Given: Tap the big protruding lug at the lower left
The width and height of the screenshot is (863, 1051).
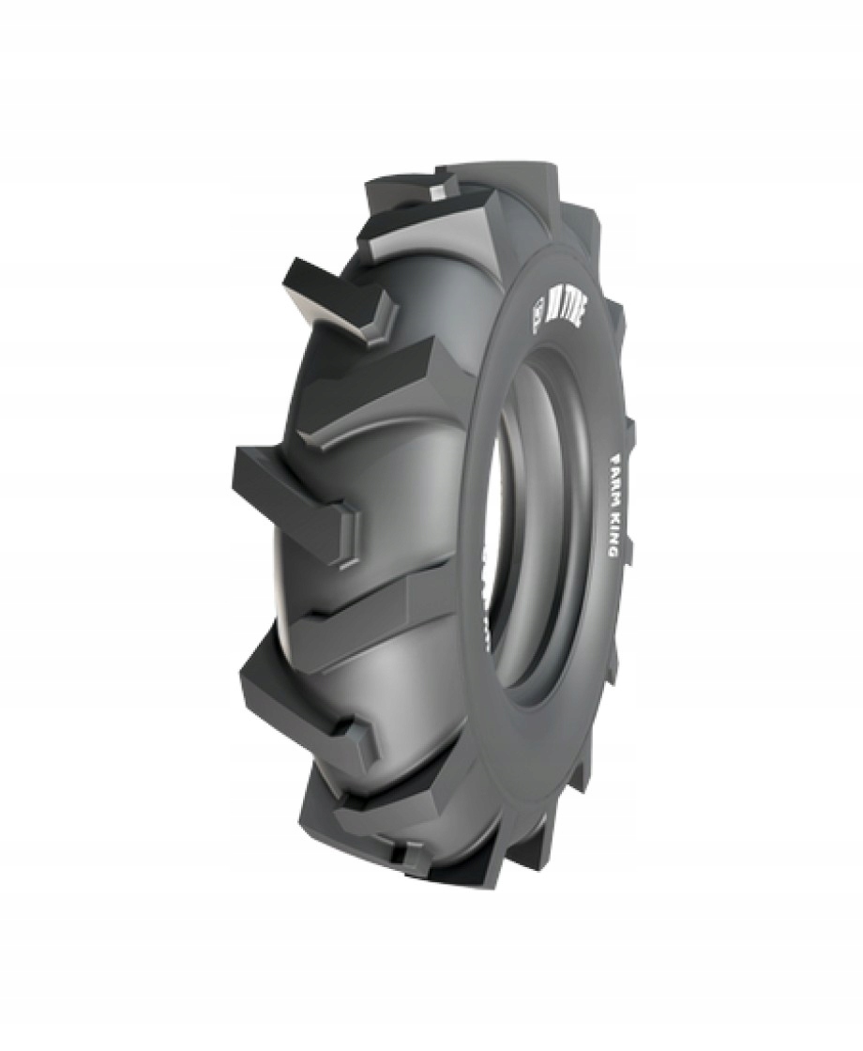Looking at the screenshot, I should tap(300, 694).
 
